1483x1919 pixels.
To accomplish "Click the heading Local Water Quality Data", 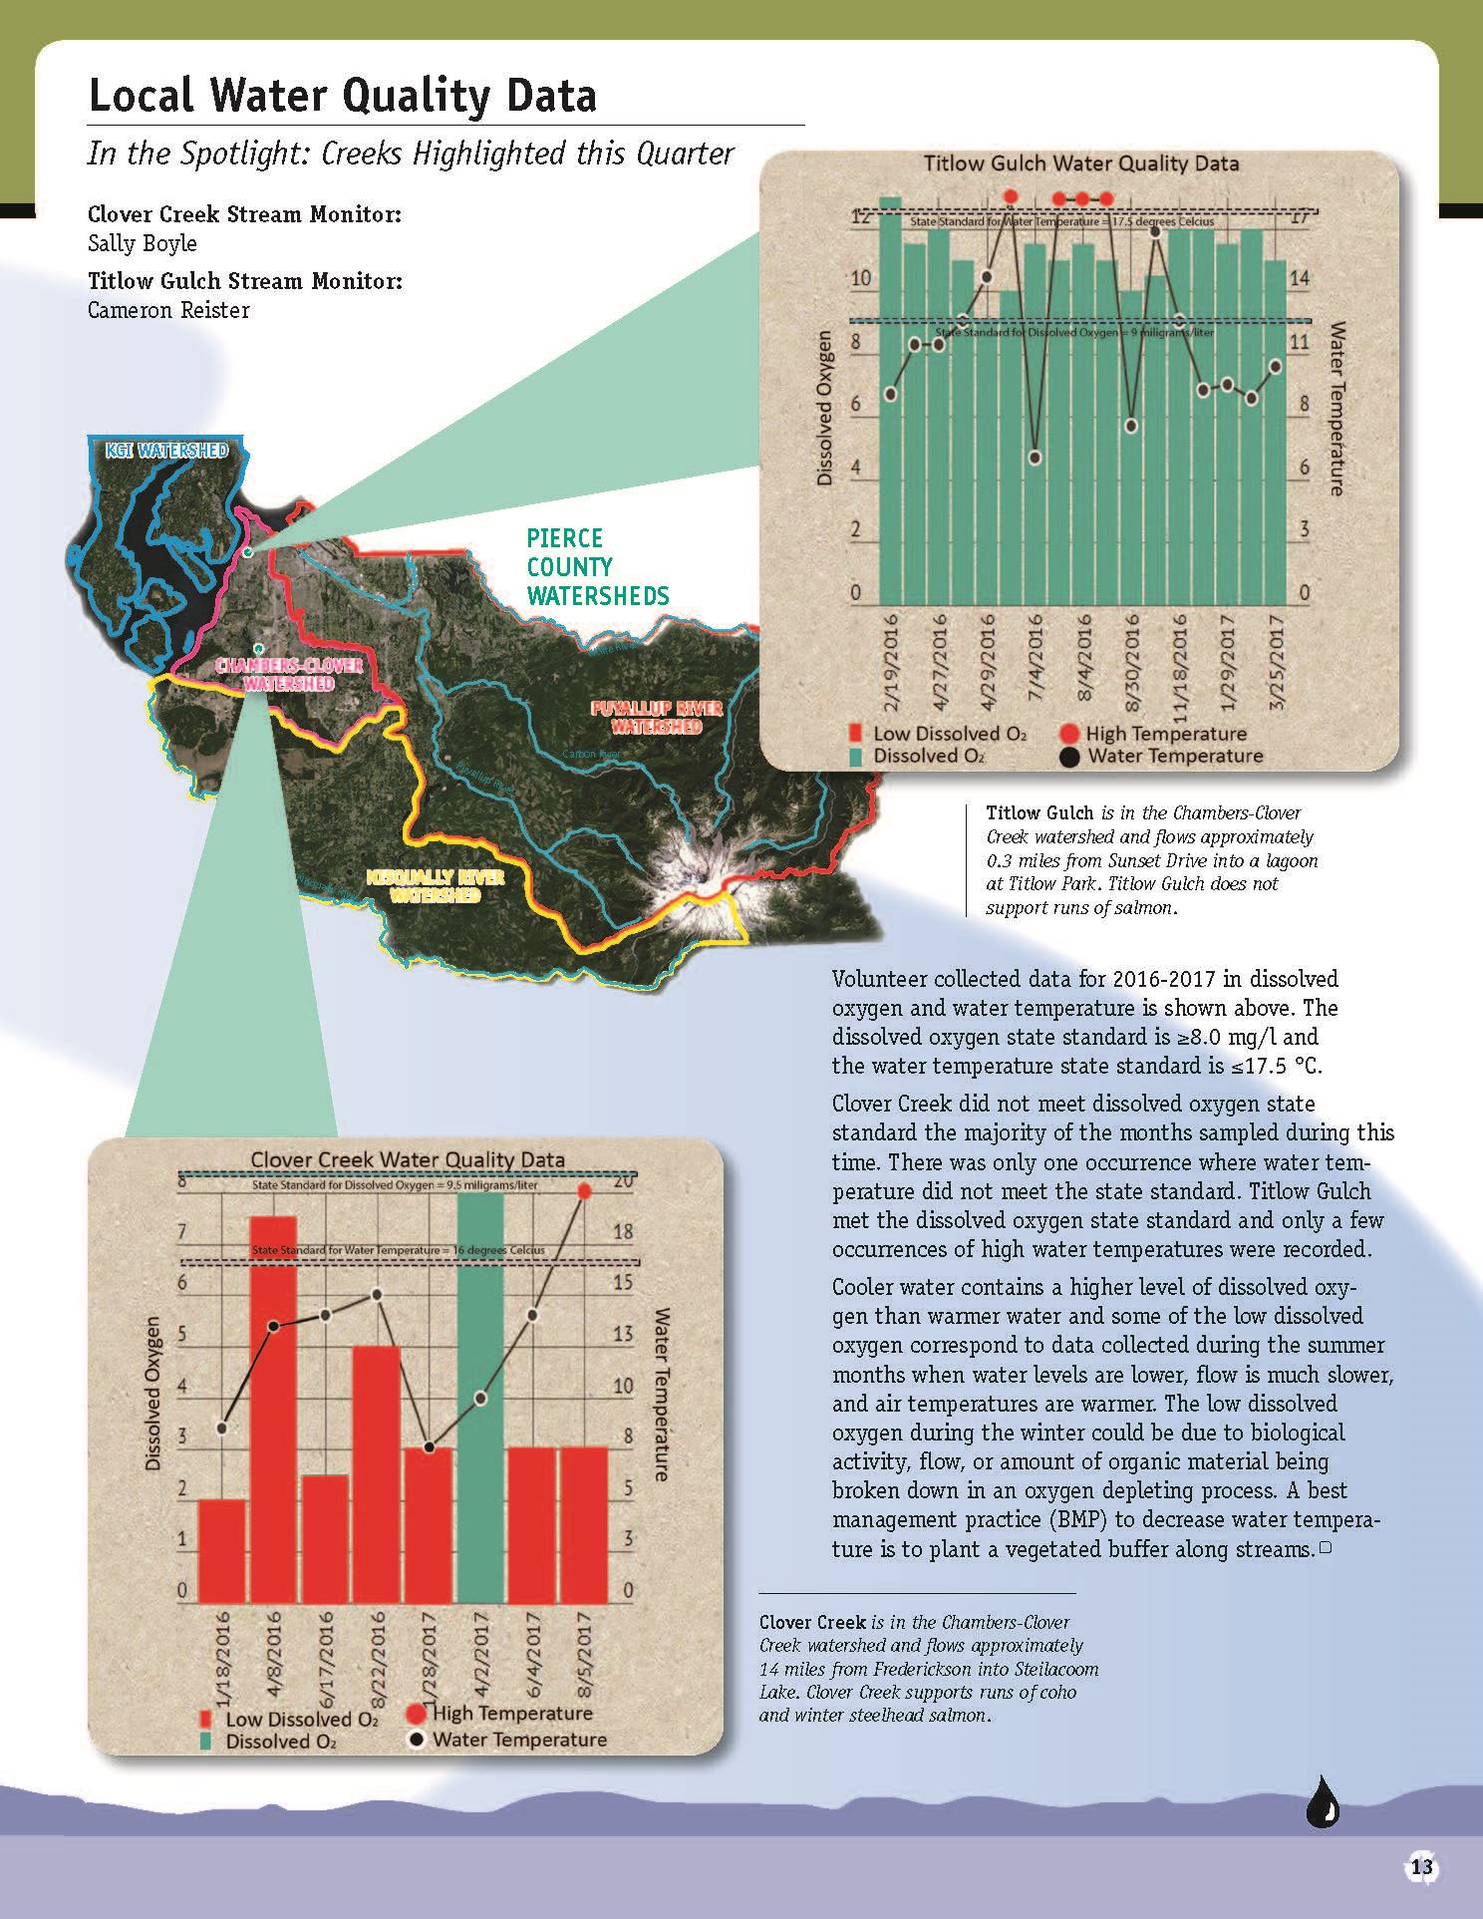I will (342, 97).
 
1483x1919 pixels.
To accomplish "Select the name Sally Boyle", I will (142, 244).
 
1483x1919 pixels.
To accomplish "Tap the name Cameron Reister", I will (167, 310).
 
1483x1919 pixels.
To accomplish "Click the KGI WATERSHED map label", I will (166, 451).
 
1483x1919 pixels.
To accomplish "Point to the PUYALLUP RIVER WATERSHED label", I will (656, 717).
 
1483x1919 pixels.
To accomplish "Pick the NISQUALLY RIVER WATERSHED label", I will (435, 885).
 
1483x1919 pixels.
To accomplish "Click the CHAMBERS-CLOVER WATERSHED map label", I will (289, 674).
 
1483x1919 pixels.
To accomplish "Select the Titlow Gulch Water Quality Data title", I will (1080, 163).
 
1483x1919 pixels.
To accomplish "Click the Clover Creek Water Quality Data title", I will (407, 1160).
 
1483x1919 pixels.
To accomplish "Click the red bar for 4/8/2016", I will (272, 1406).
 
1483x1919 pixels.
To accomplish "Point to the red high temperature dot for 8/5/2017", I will (585, 1191).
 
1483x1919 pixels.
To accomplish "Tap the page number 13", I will (1421, 1867).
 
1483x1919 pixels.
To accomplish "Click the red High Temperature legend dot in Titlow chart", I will (1069, 735).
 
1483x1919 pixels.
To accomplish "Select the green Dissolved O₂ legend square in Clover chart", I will (206, 1742).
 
